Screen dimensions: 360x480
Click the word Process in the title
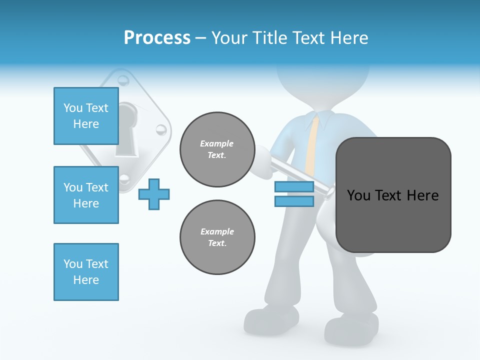(157, 37)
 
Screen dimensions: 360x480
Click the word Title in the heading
(270, 37)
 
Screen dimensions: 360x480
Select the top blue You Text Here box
(86, 116)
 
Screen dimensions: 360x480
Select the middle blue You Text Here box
(86, 195)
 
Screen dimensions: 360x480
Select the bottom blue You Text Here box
(86, 271)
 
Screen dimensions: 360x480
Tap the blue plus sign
(154, 194)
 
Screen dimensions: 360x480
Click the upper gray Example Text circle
(217, 149)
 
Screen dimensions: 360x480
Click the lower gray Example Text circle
(217, 237)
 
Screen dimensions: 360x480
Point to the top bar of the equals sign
(294, 187)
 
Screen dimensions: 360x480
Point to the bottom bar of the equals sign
(294, 201)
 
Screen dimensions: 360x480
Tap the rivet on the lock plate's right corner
(160, 130)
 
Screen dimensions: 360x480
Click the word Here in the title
(349, 37)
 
